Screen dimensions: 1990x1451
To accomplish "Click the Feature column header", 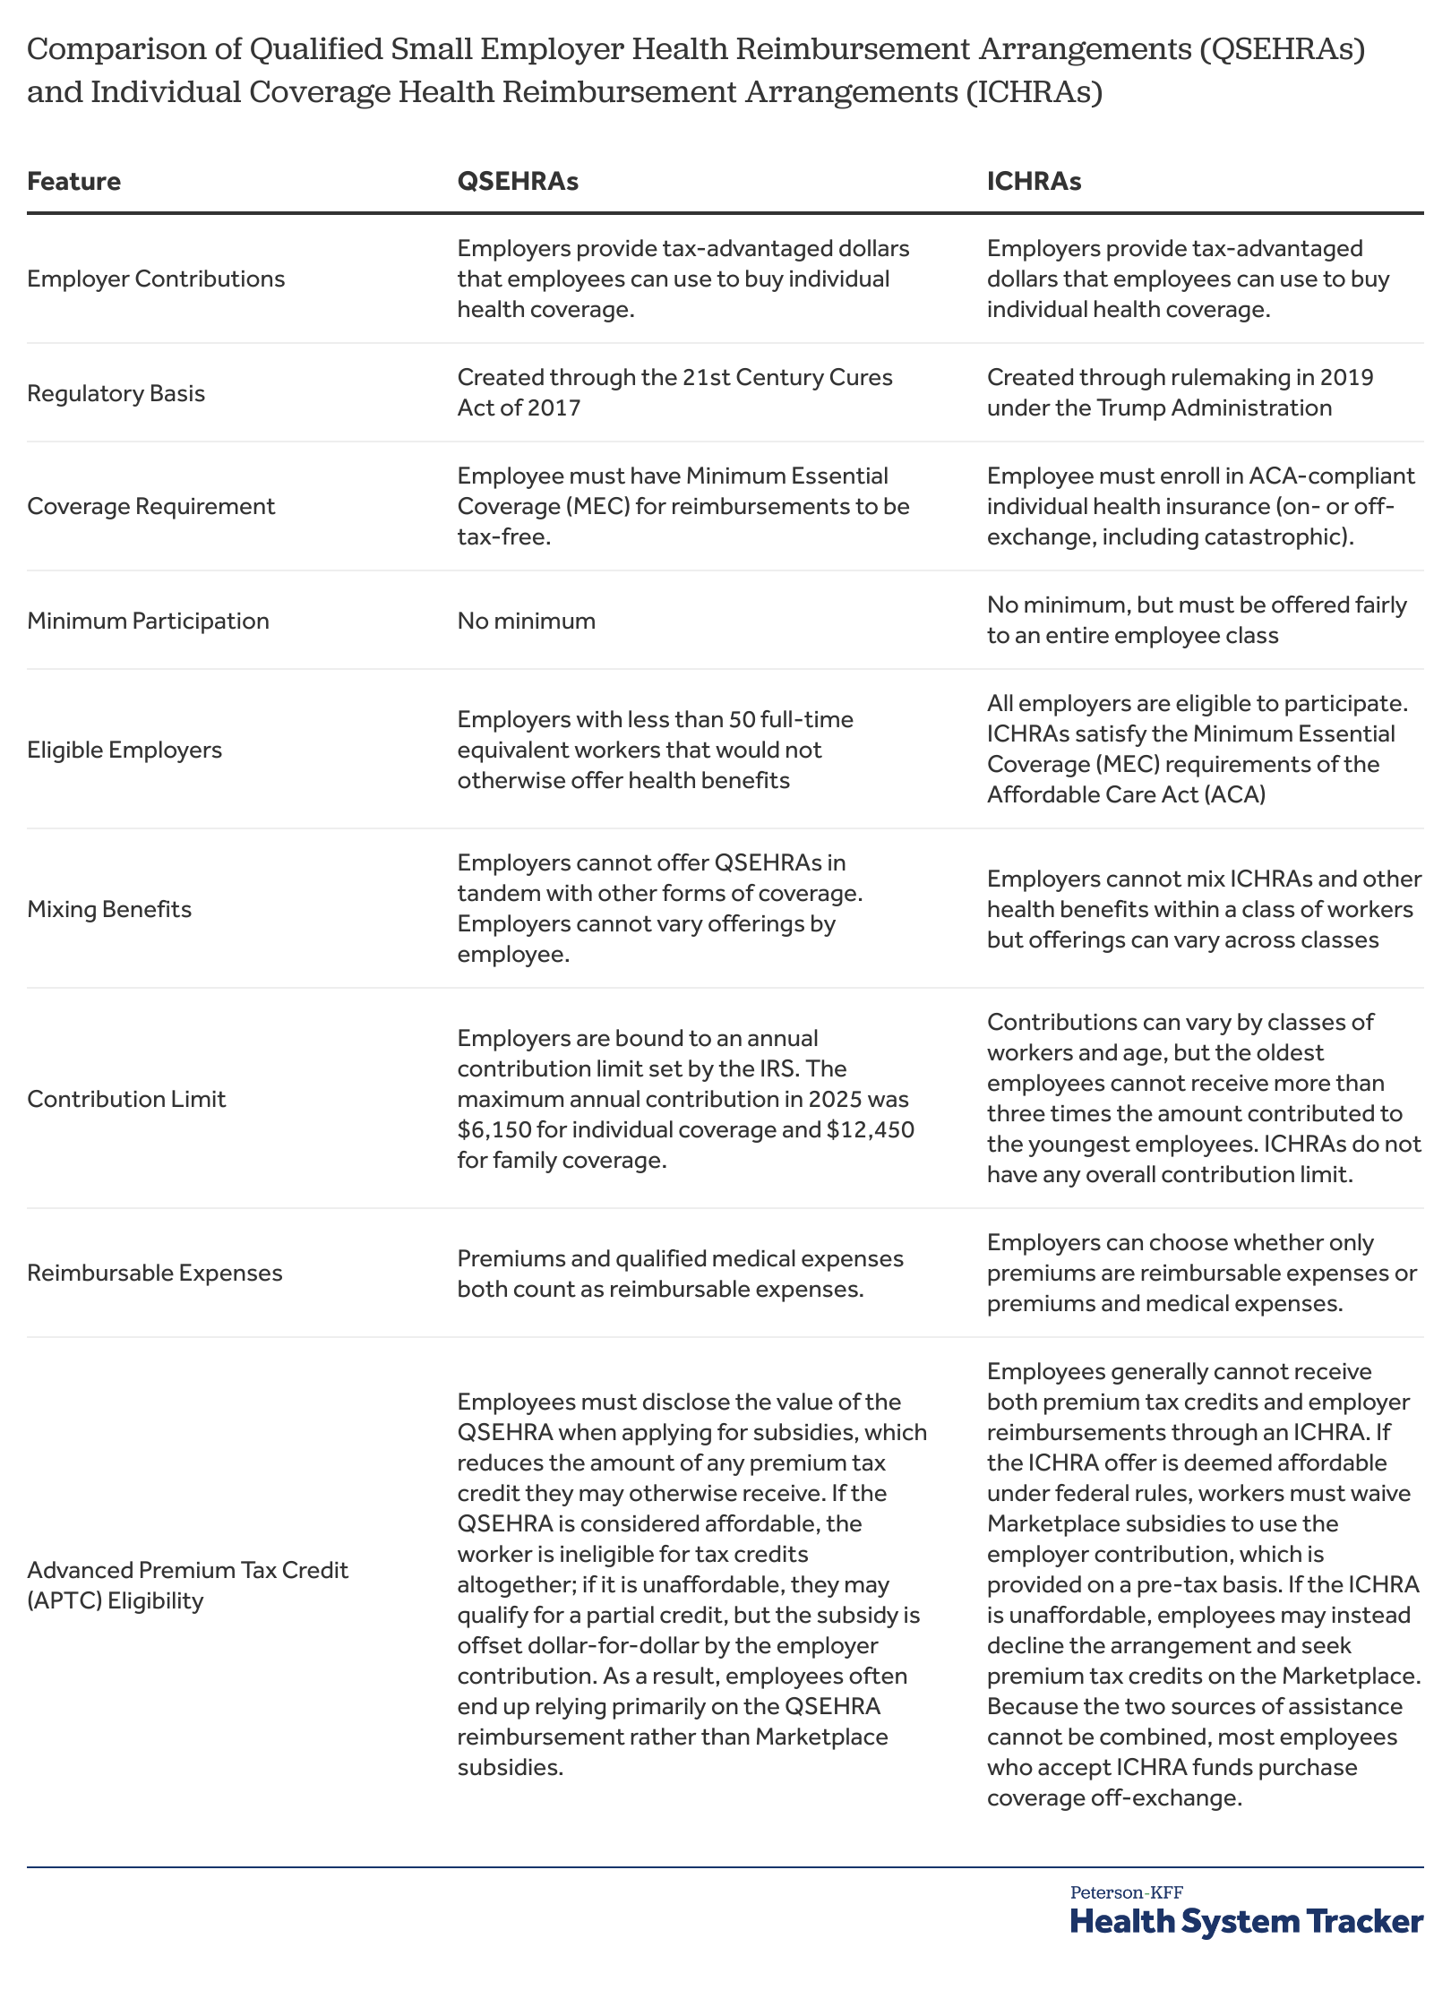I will (x=73, y=182).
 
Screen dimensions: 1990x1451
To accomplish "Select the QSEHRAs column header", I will (x=518, y=182).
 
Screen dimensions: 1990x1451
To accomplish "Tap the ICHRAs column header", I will (x=1034, y=182).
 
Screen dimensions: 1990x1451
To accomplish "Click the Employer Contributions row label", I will (x=156, y=279).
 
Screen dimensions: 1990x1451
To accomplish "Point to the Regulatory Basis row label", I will (x=116, y=393).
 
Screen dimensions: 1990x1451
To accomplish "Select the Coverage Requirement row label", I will (x=150, y=506).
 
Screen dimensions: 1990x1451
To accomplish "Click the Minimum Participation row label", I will (x=148, y=621).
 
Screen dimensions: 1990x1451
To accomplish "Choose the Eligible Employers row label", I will (x=124, y=750).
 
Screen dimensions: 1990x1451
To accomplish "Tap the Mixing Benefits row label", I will (x=109, y=909).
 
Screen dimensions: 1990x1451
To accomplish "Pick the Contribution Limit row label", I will (x=126, y=1099).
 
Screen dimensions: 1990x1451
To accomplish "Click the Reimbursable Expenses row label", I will (x=154, y=1273).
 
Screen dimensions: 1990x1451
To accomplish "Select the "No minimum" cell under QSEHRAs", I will (x=526, y=621).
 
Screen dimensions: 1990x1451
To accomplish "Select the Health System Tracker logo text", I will (x=1246, y=1921).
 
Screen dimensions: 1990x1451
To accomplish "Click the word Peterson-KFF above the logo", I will (x=1126, y=1892).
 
